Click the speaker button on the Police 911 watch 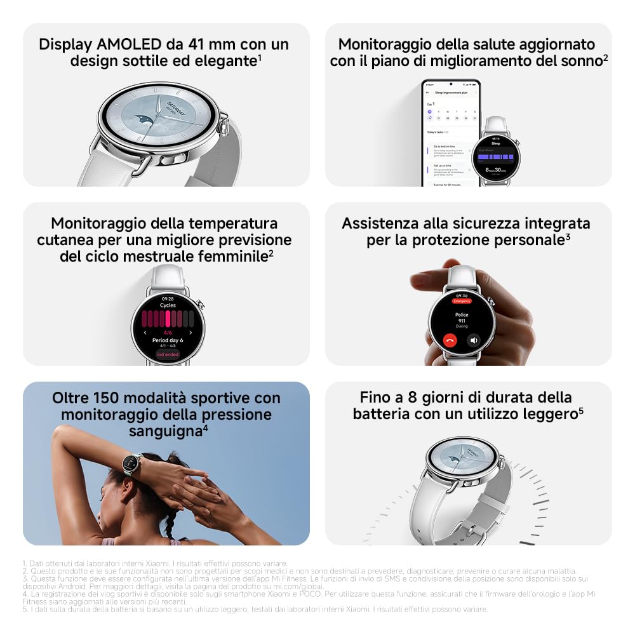click(473, 340)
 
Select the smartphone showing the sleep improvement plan click(451, 133)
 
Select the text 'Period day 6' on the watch click(168, 340)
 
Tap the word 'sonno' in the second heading click(581, 62)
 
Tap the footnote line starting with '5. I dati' click(254, 609)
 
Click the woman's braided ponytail click(170, 518)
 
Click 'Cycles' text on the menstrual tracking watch click(168, 305)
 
